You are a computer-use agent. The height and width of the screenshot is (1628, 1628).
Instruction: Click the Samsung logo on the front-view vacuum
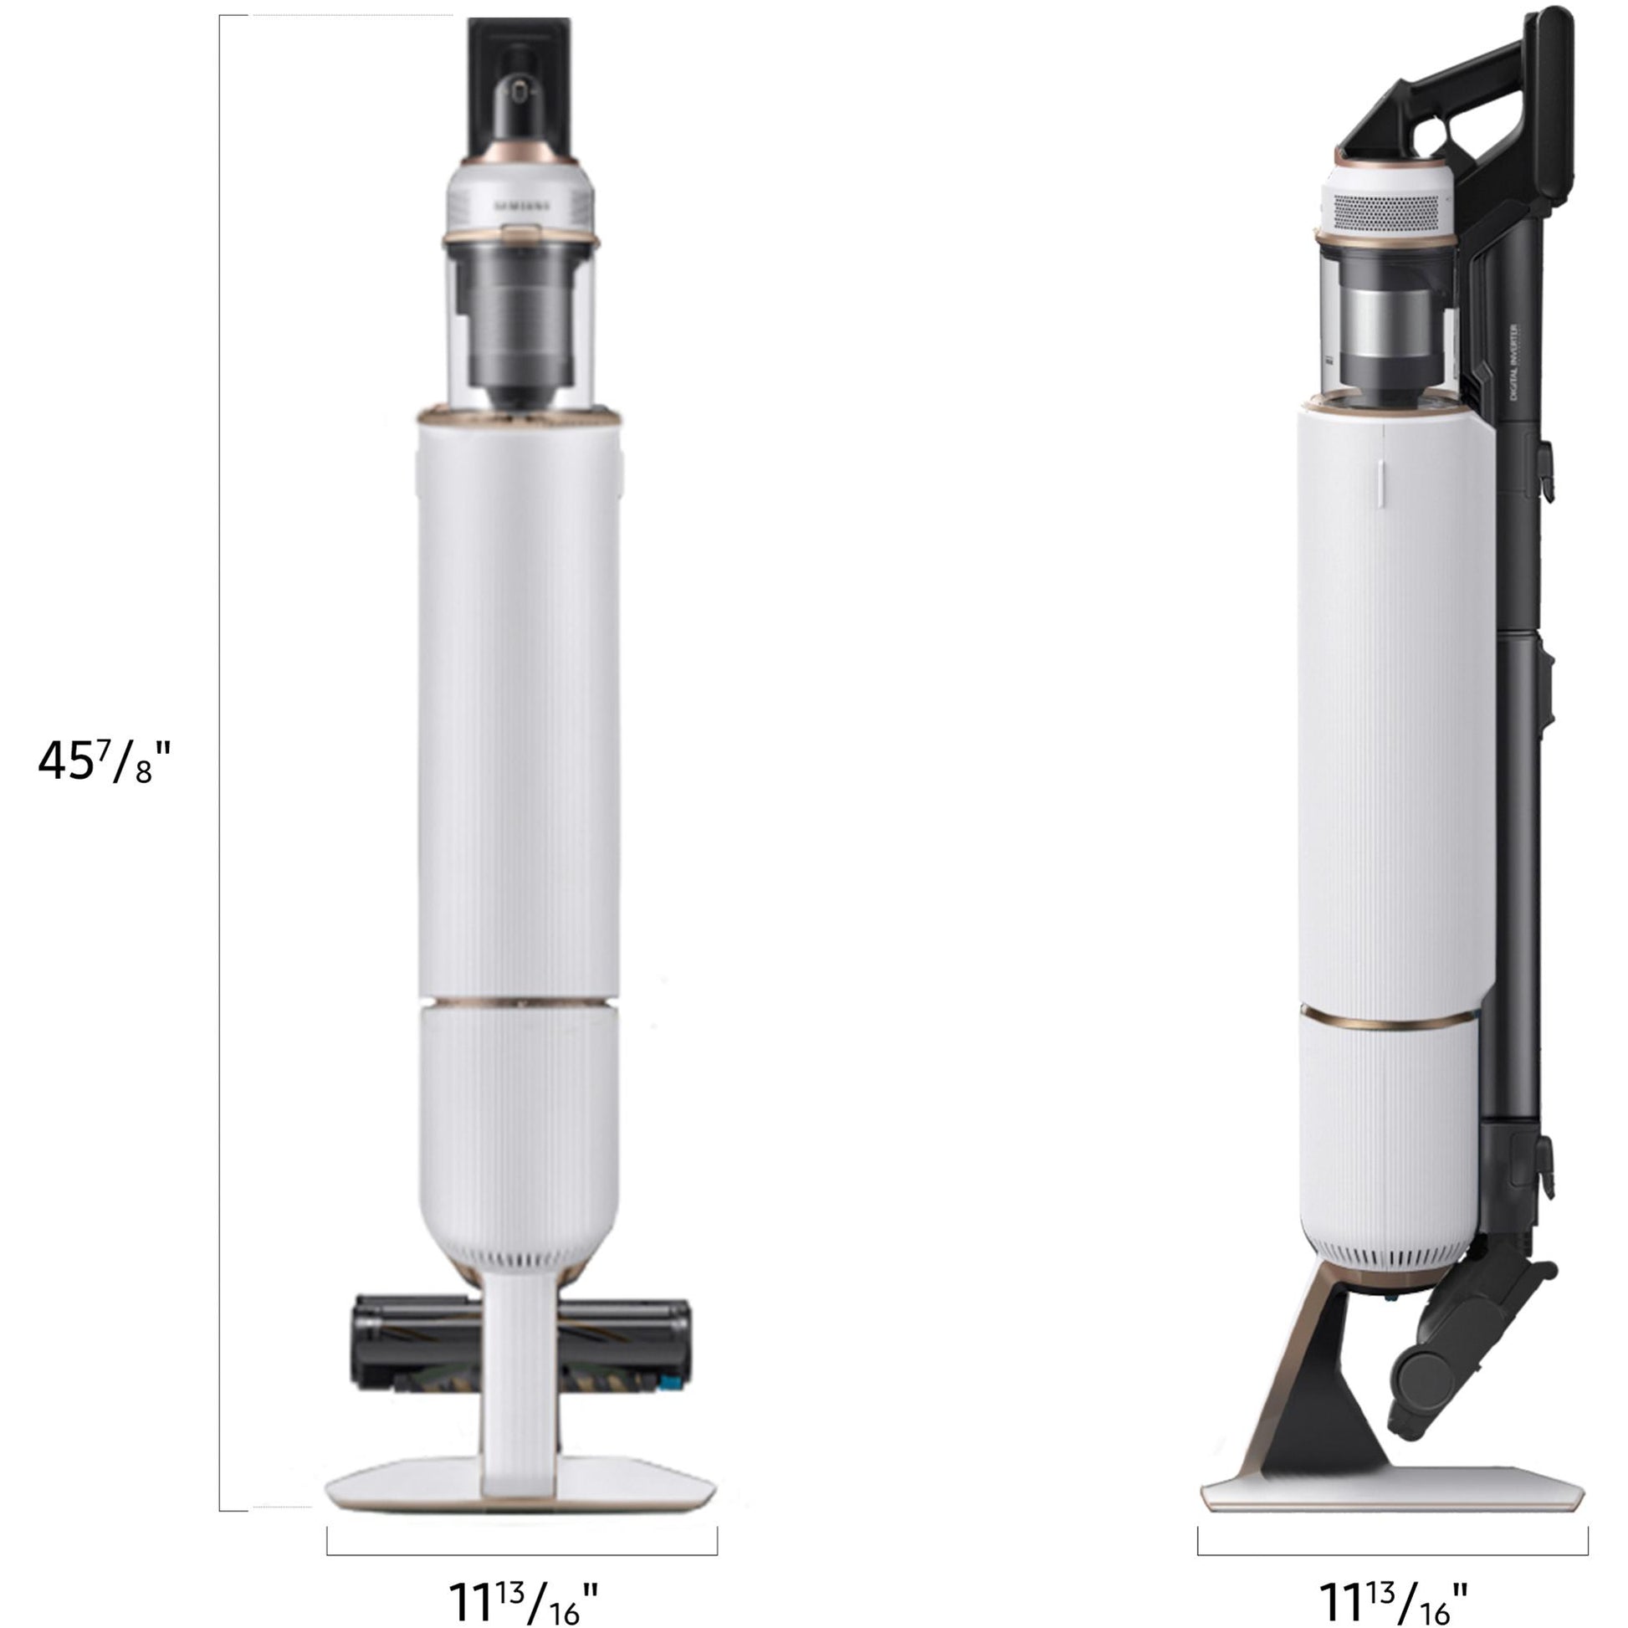pyautogui.click(x=520, y=205)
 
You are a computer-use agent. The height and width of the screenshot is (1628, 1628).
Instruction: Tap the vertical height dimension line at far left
pyautogui.click(x=220, y=759)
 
